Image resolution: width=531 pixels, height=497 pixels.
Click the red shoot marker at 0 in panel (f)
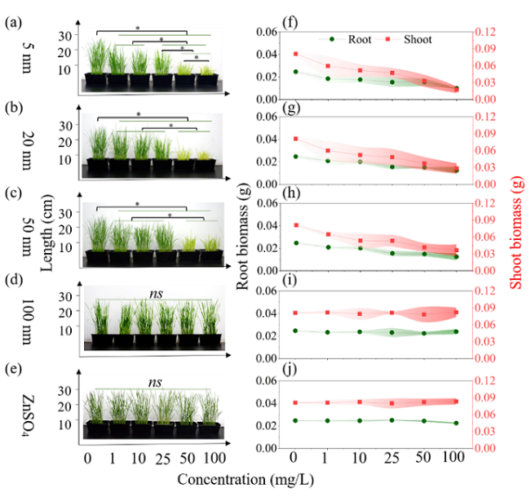click(x=296, y=54)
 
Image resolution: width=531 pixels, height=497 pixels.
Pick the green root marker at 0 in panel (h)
click(x=296, y=243)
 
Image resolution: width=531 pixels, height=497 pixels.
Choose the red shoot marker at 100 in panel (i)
click(x=456, y=313)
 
